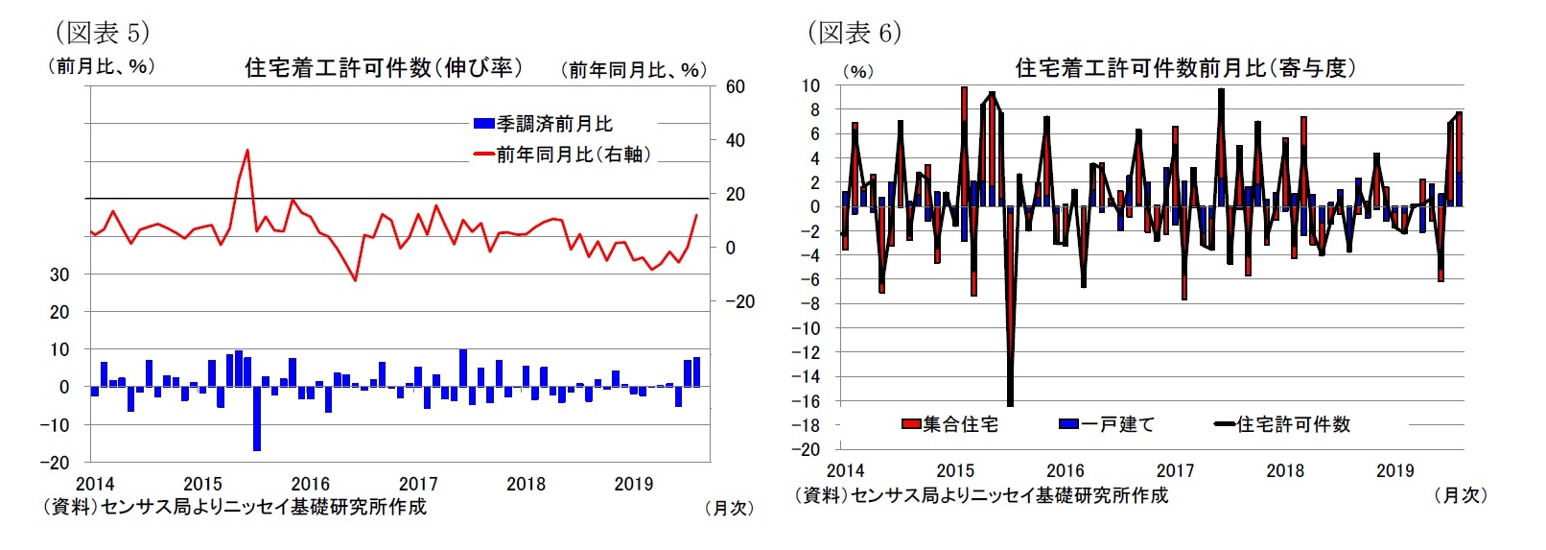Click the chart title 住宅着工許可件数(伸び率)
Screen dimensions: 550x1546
pyautogui.click(x=384, y=67)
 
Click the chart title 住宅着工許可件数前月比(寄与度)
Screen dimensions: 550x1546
pyautogui.click(x=1185, y=68)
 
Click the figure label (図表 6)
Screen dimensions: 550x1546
pyautogui.click(x=855, y=33)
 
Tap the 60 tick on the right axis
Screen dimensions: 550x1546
pyautogui.click(x=735, y=87)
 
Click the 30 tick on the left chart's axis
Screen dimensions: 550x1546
pyautogui.click(x=59, y=275)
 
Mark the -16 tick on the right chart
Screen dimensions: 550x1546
pyautogui.click(x=809, y=401)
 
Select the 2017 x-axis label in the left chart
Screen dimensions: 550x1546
pyautogui.click(x=418, y=484)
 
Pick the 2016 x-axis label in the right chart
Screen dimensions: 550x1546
pyautogui.click(x=1065, y=470)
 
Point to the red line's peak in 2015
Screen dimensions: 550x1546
pyautogui.click(x=247, y=150)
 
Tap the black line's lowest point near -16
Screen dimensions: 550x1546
pyautogui.click(x=1011, y=404)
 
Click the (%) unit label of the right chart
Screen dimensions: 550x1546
pyautogui.click(x=857, y=72)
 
